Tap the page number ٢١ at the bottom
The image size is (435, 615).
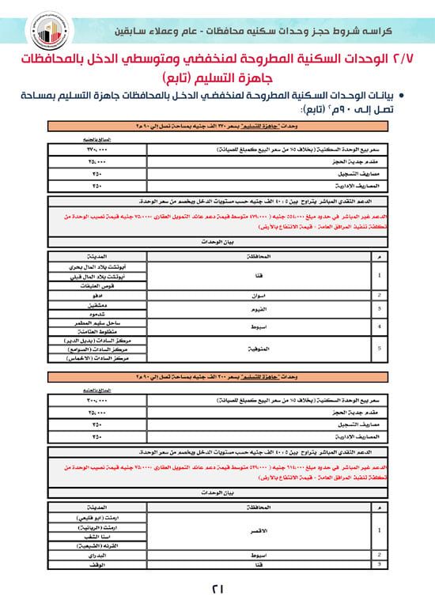pyautogui.click(x=217, y=588)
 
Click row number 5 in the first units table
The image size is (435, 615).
pyautogui.click(x=381, y=345)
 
